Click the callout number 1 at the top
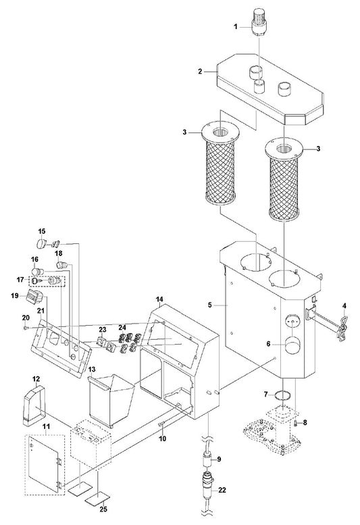[x=236, y=26]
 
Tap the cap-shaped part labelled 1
[x=259, y=22]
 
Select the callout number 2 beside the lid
[x=200, y=72]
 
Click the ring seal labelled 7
[x=282, y=395]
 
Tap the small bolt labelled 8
[x=297, y=424]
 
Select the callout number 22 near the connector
[x=222, y=490]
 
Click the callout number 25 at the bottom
[x=104, y=509]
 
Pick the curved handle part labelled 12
[x=34, y=405]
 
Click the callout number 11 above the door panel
[x=46, y=426]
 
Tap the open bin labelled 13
[x=111, y=400]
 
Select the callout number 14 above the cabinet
[x=159, y=299]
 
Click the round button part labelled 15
[x=41, y=243]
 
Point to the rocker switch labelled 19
[x=35, y=297]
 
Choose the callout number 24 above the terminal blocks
[x=122, y=327]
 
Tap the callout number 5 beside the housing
[x=210, y=305]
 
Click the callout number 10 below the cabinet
[x=162, y=439]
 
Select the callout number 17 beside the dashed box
[x=21, y=279]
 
